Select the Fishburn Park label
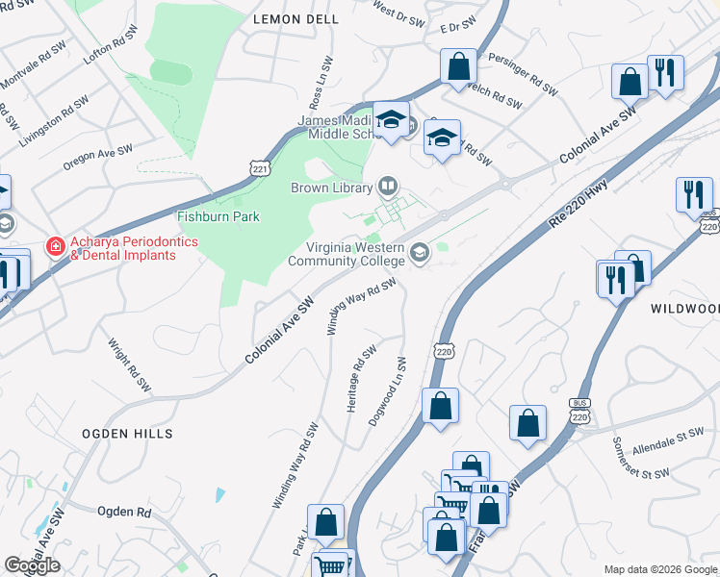(x=219, y=216)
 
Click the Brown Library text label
(x=331, y=188)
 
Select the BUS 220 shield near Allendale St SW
(x=578, y=414)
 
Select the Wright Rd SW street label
(x=130, y=364)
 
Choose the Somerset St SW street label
(x=640, y=459)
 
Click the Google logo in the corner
(x=33, y=565)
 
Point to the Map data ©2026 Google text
(x=660, y=569)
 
